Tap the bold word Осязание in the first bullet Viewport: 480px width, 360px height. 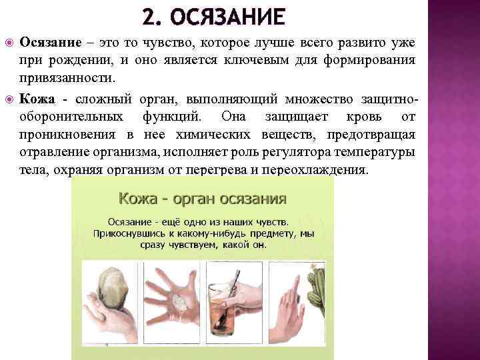[x=50, y=43]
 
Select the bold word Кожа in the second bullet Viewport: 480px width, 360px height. [x=37, y=100]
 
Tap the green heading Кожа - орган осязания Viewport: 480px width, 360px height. [x=203, y=199]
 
